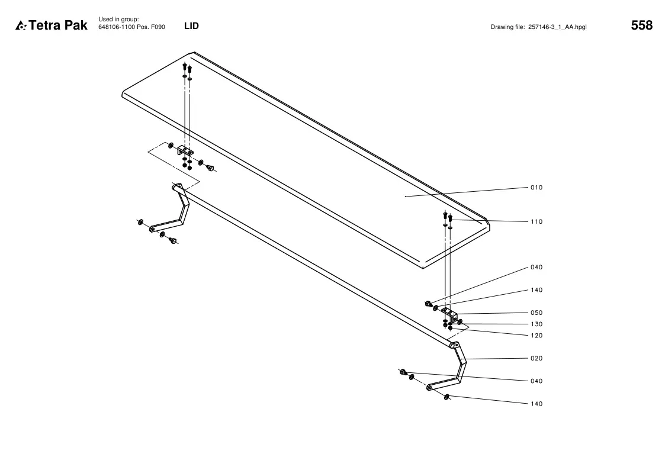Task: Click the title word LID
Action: coord(191,26)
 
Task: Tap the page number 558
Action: coord(642,25)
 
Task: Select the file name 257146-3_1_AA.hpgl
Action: coord(557,27)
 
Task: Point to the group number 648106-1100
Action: coord(117,27)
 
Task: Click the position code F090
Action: coord(158,27)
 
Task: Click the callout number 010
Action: coord(537,188)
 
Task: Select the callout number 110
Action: coord(537,221)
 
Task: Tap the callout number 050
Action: coord(537,313)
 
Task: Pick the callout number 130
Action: coord(537,324)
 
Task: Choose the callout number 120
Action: coord(537,336)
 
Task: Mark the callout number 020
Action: coord(537,359)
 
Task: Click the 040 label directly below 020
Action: coord(537,381)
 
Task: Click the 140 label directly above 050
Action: coord(537,290)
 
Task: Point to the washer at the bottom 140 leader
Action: coord(446,397)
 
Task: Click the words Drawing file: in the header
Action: coord(507,27)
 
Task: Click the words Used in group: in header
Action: coord(118,20)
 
